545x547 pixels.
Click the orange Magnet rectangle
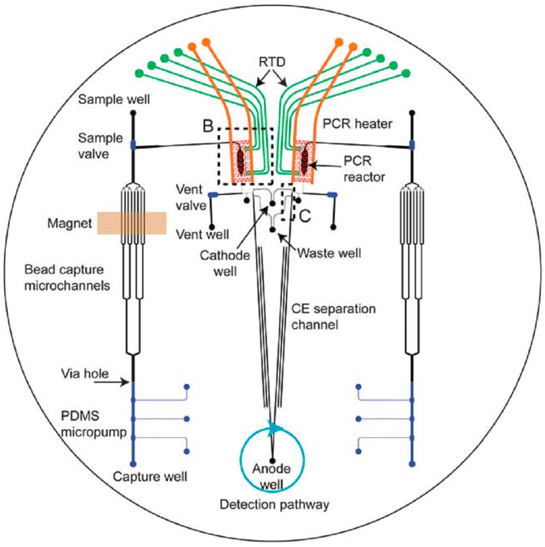(132, 223)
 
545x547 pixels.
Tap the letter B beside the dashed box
(209, 128)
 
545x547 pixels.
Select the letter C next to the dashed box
(304, 217)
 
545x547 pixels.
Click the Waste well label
(329, 253)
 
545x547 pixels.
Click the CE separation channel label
(333, 317)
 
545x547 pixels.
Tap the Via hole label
(85, 374)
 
